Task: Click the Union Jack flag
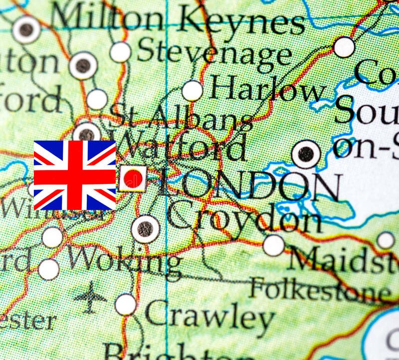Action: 75,175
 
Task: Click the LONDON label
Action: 249,186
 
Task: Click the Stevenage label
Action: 214,51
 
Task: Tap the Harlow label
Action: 267,90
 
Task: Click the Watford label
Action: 180,146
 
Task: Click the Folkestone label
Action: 320,288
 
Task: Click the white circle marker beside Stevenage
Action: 120,52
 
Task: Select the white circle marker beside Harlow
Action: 193,91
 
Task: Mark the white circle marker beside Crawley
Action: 126,304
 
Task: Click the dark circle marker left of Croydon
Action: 146,229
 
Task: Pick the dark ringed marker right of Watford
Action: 306,154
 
